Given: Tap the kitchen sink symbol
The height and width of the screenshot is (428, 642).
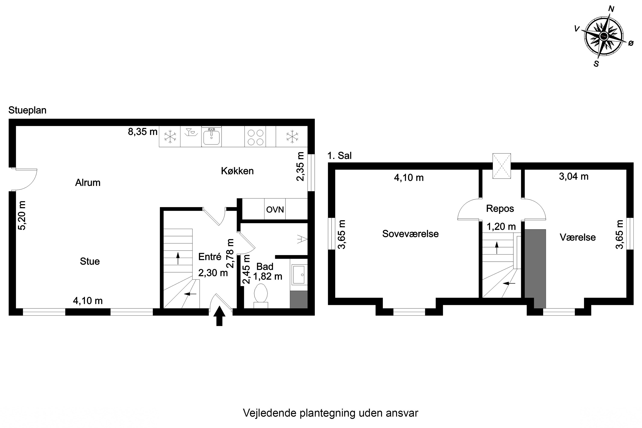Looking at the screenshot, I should tap(211, 137).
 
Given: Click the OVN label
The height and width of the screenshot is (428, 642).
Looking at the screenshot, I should tap(275, 210).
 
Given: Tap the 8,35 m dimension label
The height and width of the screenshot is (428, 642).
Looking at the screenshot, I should tap(143, 132).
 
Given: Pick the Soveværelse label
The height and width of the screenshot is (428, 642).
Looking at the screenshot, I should tap(410, 234).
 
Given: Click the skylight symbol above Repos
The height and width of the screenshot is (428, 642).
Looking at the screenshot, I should tap(501, 166).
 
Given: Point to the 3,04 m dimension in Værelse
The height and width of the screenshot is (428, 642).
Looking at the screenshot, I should tap(574, 177).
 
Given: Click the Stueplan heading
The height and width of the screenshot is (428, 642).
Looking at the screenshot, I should tap(27, 110).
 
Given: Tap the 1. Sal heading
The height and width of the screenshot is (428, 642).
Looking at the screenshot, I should tap(339, 156).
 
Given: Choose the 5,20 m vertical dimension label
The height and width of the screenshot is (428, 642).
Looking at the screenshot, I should tap(22, 216).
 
